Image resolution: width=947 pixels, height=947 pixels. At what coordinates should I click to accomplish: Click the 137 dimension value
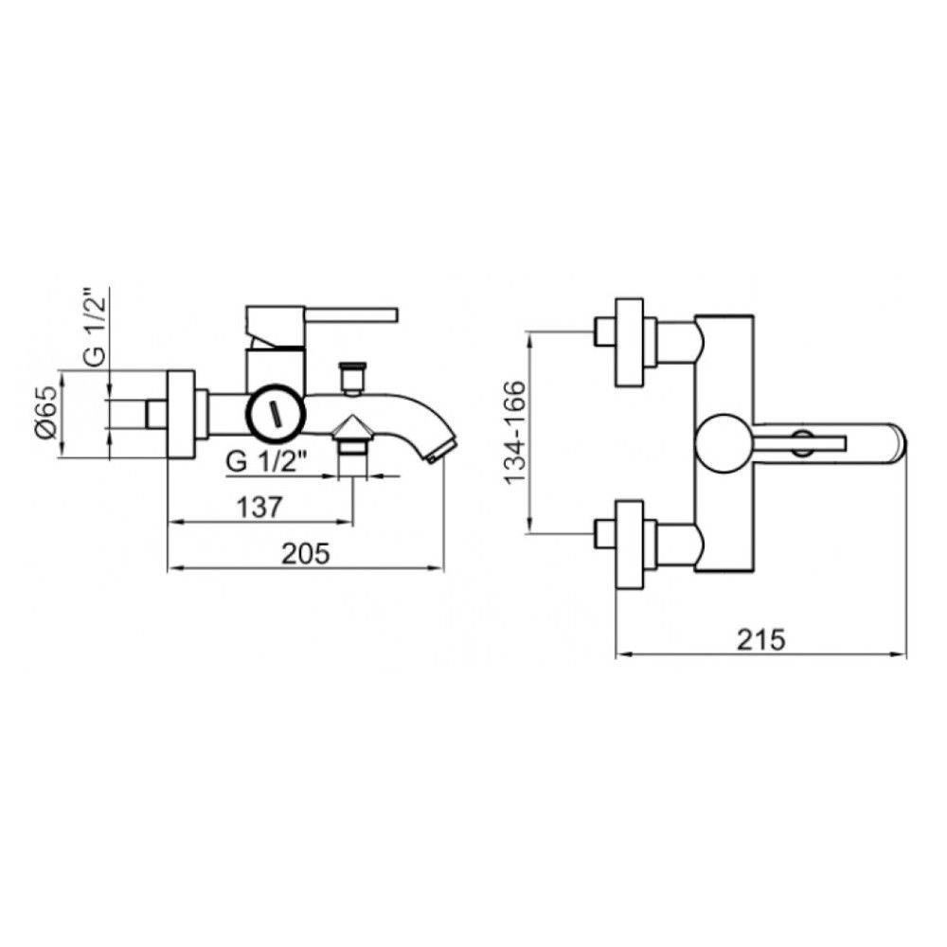pyautogui.click(x=259, y=508)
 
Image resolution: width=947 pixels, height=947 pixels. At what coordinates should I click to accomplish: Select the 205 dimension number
pyautogui.click(x=306, y=553)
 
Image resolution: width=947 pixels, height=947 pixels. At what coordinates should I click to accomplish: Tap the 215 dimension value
pyautogui.click(x=761, y=639)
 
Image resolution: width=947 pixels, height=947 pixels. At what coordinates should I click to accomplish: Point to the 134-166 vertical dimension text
pyautogui.click(x=515, y=433)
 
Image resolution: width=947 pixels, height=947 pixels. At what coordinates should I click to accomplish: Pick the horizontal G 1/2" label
pyautogui.click(x=269, y=463)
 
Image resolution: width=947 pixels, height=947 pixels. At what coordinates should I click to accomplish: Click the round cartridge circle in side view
pyautogui.click(x=277, y=414)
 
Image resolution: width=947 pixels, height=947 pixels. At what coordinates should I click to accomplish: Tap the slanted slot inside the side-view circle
pyautogui.click(x=277, y=414)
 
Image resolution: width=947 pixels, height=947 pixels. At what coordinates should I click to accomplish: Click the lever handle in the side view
pyautogui.click(x=351, y=315)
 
